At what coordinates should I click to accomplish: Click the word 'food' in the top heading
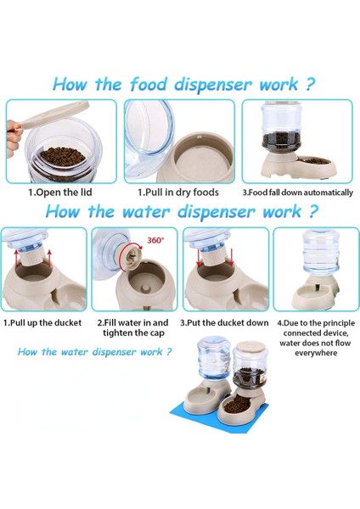tap(148, 84)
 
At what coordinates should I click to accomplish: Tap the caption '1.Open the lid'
tap(60, 193)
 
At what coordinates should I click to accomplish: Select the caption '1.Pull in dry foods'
tap(178, 193)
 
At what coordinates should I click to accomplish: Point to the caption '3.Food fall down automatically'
tap(298, 193)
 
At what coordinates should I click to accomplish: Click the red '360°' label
tap(155, 240)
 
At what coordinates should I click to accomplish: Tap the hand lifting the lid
tap(14, 138)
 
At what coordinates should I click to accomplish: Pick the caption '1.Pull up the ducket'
tap(42, 323)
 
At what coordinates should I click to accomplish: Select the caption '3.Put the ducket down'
tap(224, 323)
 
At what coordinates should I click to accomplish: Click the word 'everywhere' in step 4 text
tap(316, 353)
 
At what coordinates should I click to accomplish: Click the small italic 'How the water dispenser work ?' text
tap(94, 352)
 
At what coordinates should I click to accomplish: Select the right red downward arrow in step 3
tap(231, 257)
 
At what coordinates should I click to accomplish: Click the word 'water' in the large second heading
tap(146, 212)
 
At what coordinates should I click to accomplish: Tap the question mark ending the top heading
tap(311, 84)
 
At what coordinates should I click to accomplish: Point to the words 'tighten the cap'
tap(133, 333)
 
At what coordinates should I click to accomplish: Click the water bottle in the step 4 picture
tap(321, 252)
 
